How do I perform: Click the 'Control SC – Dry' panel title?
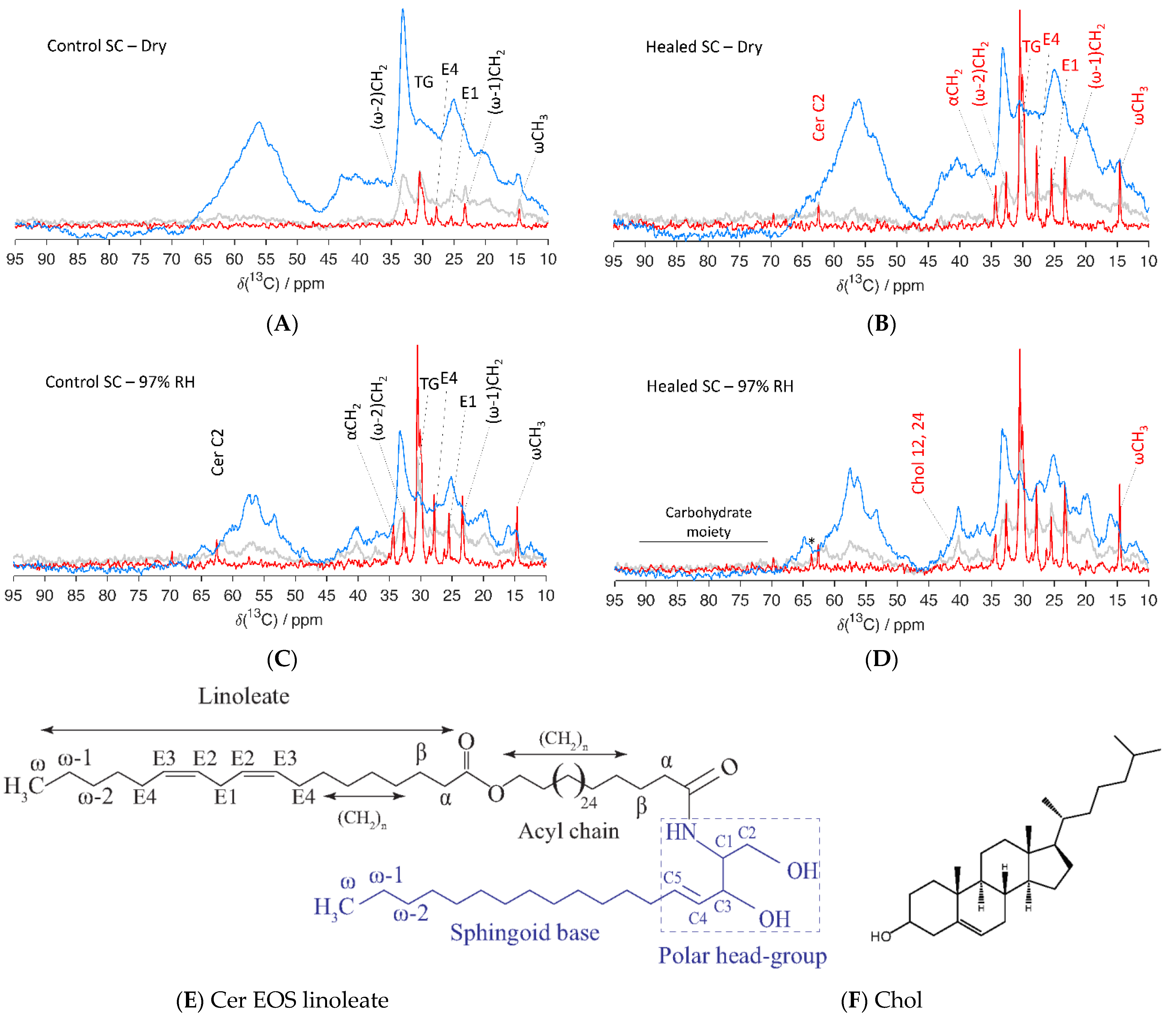pyautogui.click(x=106, y=46)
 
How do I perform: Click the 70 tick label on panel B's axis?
pyautogui.click(x=770, y=261)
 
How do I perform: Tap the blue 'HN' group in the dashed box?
pyautogui.click(x=680, y=832)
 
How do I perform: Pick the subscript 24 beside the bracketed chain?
pyautogui.click(x=588, y=803)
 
